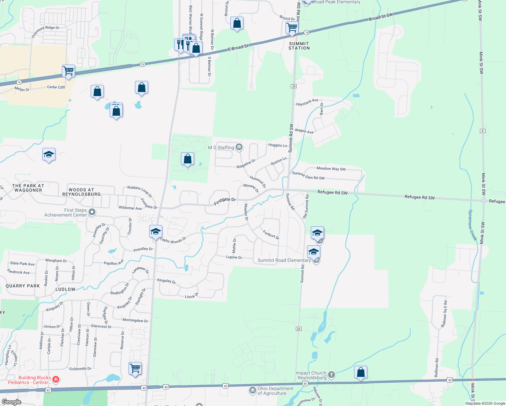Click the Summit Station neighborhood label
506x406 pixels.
coord(299,46)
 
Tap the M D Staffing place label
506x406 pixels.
coord(221,148)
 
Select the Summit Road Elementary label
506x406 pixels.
coord(284,260)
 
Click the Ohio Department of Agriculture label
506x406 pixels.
coord(275,391)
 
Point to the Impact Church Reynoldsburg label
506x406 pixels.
coord(311,375)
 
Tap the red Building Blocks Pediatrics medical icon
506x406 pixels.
coord(56,380)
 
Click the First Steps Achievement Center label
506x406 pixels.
coord(66,212)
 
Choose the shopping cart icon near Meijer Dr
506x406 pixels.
coord(68,71)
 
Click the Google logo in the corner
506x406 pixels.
coord(11,402)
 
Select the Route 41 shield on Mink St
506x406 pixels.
coord(483,131)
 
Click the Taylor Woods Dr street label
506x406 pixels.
coord(173,240)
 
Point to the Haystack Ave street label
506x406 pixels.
coord(307,102)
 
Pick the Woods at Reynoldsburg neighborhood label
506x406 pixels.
coord(81,192)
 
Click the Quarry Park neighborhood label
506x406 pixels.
coord(23,286)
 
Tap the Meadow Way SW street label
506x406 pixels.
coord(331,168)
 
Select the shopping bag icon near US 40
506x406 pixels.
coord(361,373)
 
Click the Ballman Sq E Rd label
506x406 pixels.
coord(444,314)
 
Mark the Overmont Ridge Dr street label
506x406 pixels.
coord(45,31)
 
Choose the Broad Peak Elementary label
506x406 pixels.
coord(336,2)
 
